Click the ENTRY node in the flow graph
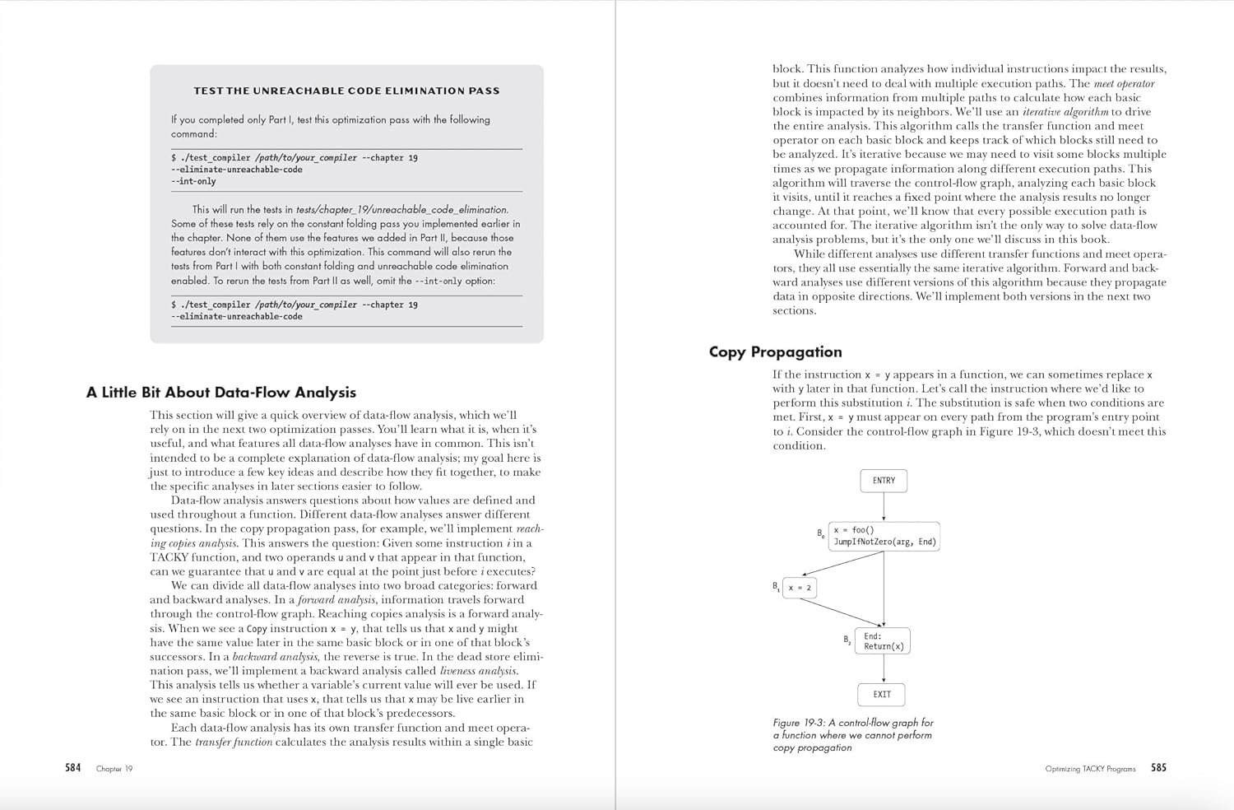[884, 481]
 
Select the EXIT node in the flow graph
[882, 695]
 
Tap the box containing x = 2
[800, 588]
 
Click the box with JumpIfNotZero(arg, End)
[884, 536]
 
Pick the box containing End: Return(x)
[883, 641]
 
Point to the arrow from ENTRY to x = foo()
[884, 507]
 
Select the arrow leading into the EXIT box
[884, 668]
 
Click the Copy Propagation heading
[775, 352]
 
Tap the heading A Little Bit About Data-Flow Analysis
[220, 393]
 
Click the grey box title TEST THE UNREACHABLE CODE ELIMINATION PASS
[346, 91]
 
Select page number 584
[73, 768]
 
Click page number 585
[1158, 768]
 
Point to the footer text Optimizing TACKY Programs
[1090, 769]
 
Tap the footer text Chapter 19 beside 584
[114, 769]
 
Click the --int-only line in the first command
[193, 181]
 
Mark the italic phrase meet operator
[1124, 84]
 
